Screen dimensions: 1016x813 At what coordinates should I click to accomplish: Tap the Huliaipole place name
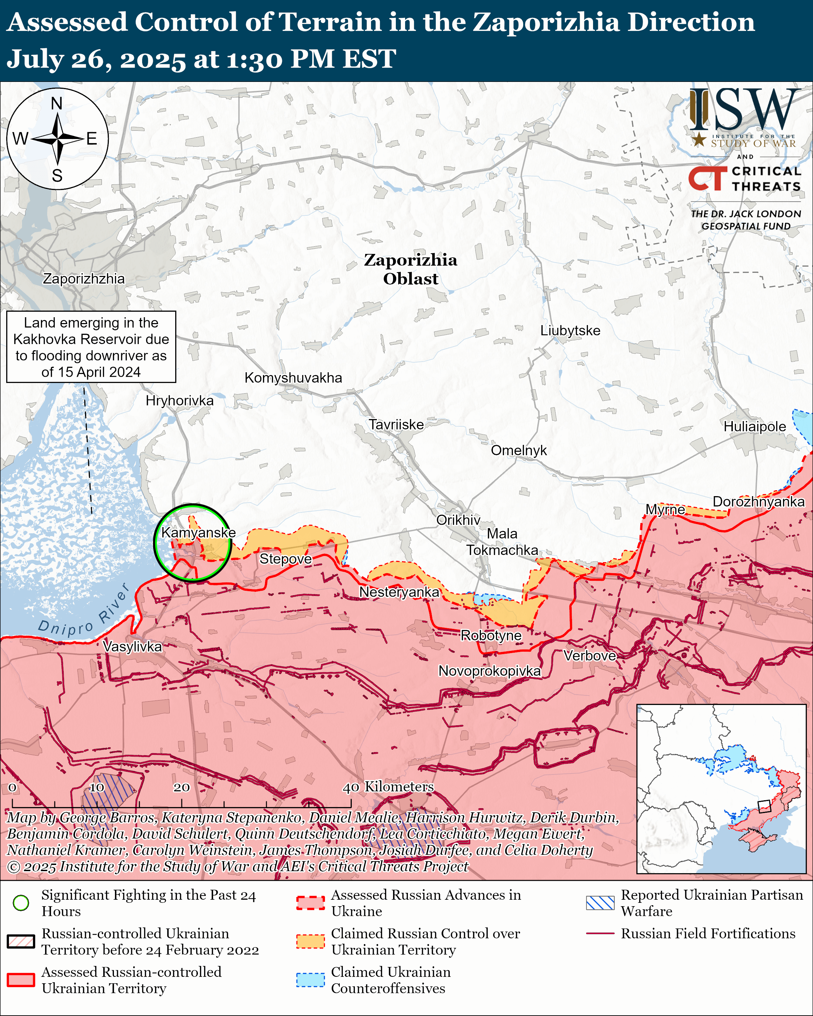tap(754, 427)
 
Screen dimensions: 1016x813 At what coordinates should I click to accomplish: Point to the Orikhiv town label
tap(458, 520)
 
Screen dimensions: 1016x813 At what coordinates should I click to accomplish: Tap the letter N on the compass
tap(56, 103)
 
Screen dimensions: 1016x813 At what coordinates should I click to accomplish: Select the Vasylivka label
tap(133, 646)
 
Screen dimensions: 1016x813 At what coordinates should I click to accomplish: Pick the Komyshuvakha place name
tap(293, 377)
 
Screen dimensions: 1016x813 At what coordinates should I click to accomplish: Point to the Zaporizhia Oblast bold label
tap(411, 269)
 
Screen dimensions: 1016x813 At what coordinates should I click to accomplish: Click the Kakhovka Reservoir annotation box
tap(91, 347)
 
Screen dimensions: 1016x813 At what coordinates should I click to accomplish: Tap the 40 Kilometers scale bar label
tap(388, 787)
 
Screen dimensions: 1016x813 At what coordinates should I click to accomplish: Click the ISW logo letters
tap(745, 111)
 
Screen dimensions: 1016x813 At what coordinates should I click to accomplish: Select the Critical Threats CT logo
tap(707, 178)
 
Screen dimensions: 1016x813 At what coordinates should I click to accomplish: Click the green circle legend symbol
tap(21, 903)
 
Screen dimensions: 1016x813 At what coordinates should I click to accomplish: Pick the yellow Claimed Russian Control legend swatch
tap(310, 941)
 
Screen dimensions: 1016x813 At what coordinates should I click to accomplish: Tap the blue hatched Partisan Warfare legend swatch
tap(600, 903)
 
